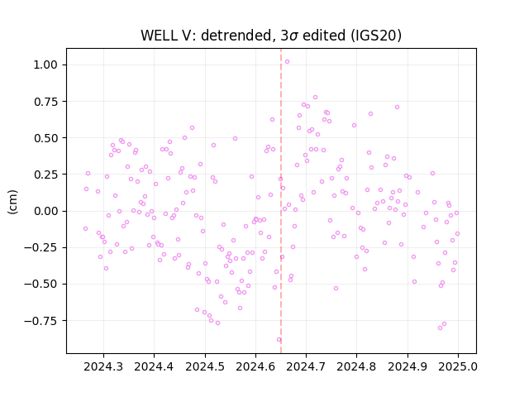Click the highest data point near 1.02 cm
[287, 62]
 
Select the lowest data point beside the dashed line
[279, 340]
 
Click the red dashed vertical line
[281, 201]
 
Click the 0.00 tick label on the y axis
[45, 211]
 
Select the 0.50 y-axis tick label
[45, 138]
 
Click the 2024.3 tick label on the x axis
[103, 366]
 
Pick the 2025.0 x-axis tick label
[458, 366]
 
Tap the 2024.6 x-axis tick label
[255, 366]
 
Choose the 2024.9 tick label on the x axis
[407, 366]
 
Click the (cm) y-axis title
[12, 202]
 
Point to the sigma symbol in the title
[294, 36]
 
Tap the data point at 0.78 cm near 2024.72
[315, 98]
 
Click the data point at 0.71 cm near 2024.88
[397, 107]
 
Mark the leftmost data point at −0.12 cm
[85, 228]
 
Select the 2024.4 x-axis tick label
[155, 366]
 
